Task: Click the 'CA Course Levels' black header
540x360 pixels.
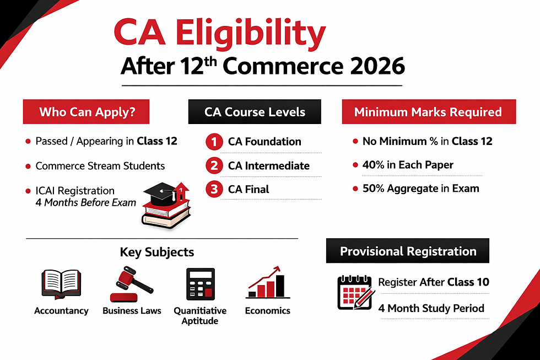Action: point(255,112)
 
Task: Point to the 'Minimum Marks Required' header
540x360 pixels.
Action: point(428,112)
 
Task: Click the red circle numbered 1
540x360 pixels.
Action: point(213,142)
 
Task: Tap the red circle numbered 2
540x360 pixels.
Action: point(213,165)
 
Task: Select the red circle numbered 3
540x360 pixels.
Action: point(213,189)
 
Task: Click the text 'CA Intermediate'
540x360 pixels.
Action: point(268,165)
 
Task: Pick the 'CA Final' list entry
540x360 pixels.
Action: point(249,189)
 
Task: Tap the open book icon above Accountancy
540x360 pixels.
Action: point(61,284)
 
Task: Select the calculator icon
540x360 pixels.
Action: point(199,284)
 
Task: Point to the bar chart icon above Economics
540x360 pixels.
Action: point(267,282)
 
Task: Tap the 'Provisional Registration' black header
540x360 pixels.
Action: point(408,251)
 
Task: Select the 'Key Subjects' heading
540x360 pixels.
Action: point(156,252)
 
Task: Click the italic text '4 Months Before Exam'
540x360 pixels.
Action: point(85,202)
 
